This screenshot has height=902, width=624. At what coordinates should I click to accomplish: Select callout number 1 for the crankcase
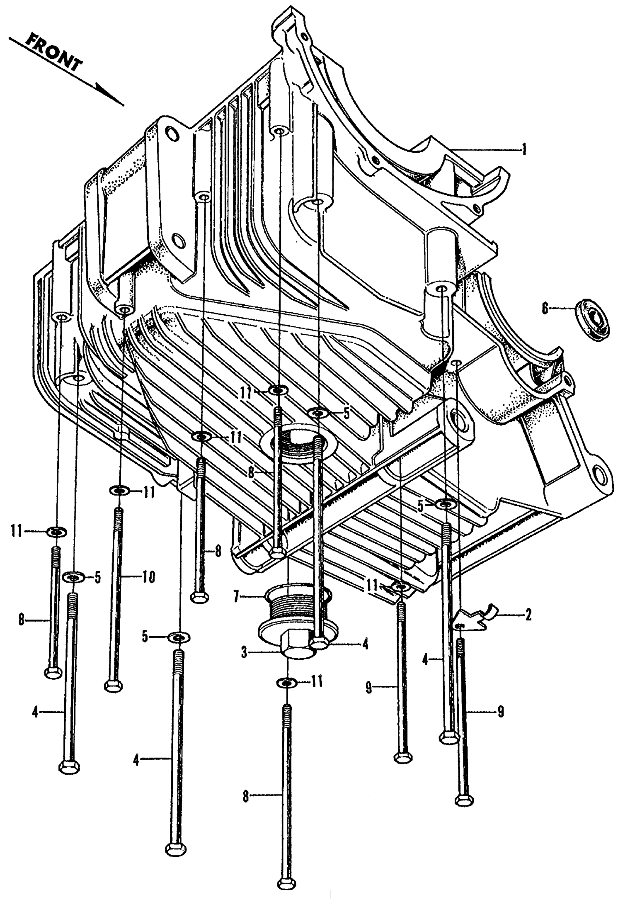[524, 149]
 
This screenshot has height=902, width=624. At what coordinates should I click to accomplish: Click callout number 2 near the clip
[528, 615]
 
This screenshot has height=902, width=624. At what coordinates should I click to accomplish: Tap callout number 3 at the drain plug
[244, 651]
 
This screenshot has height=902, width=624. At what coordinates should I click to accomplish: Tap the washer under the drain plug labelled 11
[287, 682]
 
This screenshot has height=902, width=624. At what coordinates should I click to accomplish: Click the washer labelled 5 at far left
[73, 577]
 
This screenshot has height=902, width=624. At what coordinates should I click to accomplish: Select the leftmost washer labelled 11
[57, 532]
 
